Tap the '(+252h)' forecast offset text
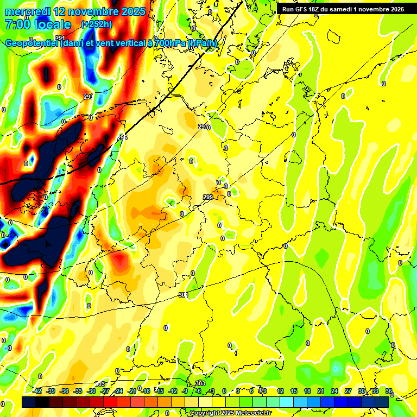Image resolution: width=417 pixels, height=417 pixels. point(97,24)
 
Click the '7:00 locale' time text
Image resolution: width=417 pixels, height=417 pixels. point(38,24)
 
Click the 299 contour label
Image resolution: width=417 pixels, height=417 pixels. point(208,197)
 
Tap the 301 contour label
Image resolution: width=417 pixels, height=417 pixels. point(183,295)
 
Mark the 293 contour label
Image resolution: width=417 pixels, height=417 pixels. point(88,97)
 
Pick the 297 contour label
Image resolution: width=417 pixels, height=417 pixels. point(203,127)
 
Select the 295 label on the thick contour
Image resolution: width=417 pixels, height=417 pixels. point(122,137)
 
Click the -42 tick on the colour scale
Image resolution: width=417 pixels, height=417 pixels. point(37,391)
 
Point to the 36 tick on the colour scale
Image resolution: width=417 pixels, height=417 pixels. point(389,391)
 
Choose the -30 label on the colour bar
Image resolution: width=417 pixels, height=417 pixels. point(92,391)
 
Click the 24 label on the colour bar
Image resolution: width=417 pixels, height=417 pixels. point(334,391)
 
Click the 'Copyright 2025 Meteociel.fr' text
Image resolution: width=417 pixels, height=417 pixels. point(230,413)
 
